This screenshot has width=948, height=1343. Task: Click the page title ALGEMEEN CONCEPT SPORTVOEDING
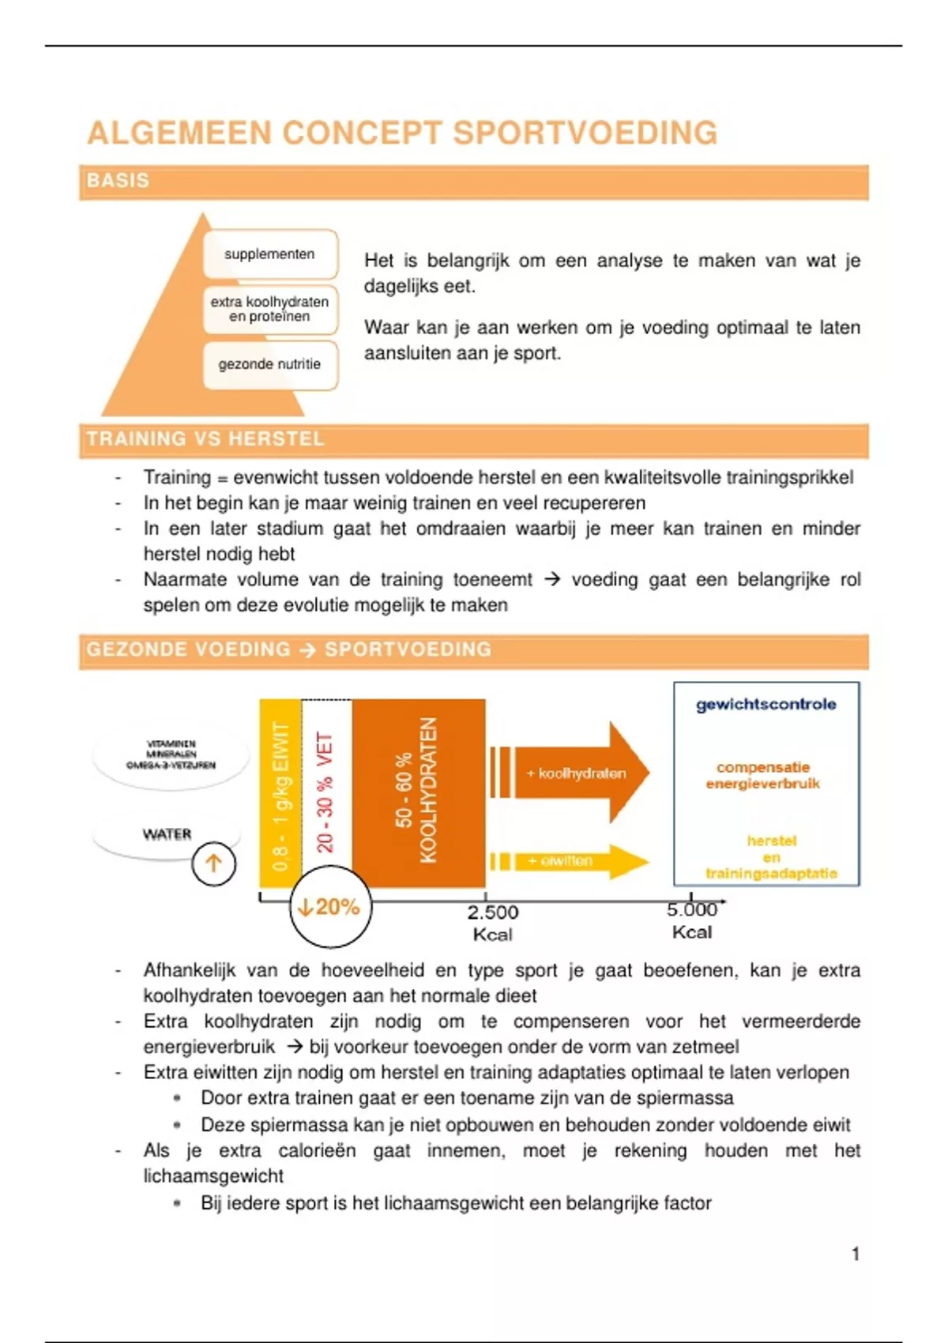402,133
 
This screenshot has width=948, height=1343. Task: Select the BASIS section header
118,181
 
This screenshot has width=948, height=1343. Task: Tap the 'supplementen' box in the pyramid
269,254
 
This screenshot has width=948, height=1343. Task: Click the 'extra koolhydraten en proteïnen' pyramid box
269,309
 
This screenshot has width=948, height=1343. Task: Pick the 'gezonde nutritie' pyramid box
269,364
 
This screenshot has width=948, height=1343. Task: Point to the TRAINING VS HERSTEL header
205,439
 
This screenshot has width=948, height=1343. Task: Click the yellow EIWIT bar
280,793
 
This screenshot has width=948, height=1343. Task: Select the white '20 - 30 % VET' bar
325,793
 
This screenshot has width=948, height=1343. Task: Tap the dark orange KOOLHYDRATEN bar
418,793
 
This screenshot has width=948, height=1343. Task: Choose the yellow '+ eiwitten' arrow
569,861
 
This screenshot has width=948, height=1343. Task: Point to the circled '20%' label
330,907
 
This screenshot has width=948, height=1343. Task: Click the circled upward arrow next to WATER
213,863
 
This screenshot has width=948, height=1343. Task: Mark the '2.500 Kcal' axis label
492,923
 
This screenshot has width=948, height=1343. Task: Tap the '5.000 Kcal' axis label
692,921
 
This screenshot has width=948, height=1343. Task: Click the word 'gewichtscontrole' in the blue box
766,705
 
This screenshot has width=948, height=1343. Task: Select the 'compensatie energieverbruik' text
762,775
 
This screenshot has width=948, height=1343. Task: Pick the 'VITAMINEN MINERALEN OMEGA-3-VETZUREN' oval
171,754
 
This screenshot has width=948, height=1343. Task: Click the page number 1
856,1254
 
